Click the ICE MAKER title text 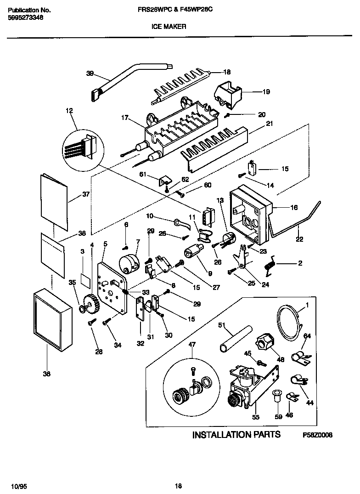pyautogui.click(x=169, y=27)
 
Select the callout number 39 pyautogui.click(x=90, y=73)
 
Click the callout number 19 pyautogui.click(x=266, y=92)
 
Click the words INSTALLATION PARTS pyautogui.click(x=236, y=435)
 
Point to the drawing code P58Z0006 pyautogui.click(x=317, y=435)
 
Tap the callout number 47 pyautogui.click(x=192, y=344)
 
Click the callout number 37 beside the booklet pyautogui.click(x=85, y=194)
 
